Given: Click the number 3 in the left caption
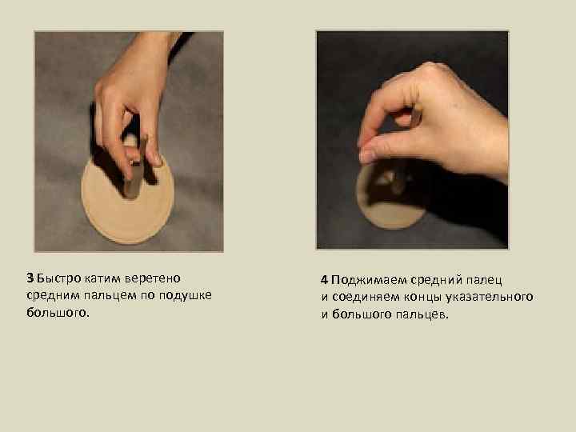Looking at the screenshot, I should coord(30,278).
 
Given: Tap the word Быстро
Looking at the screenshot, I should coord(58,278).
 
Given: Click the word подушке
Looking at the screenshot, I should coord(186,295).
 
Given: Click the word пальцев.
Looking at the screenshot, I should coord(422,314).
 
